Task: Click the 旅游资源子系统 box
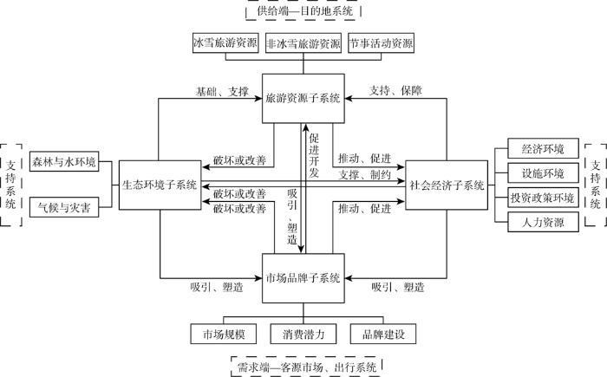click(303, 98)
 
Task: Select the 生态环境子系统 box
click(160, 185)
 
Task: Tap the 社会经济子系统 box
click(447, 185)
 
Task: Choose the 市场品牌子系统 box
click(303, 278)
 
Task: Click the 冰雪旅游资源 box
click(225, 42)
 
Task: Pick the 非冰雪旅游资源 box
click(303, 42)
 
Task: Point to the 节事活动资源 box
click(381, 42)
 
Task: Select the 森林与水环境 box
click(64, 161)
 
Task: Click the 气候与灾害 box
click(64, 207)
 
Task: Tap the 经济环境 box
click(543, 148)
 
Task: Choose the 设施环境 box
click(543, 173)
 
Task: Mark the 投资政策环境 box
click(543, 198)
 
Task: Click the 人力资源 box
click(543, 222)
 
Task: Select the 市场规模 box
click(224, 334)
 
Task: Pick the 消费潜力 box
click(303, 334)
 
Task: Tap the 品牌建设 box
click(383, 334)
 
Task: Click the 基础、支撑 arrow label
click(222, 92)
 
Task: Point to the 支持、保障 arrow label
click(395, 91)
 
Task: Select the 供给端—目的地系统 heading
click(305, 11)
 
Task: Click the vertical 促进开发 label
click(314, 155)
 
